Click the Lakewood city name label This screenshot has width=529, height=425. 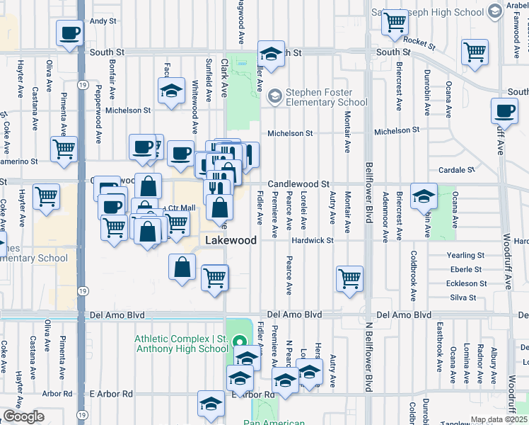click(x=231, y=241)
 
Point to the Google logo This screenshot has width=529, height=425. click(x=23, y=416)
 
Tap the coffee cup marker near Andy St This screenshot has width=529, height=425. click(x=70, y=33)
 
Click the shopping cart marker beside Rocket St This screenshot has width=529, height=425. click(x=395, y=21)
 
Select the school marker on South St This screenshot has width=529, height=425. click(x=270, y=54)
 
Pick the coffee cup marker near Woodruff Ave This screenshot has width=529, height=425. click(x=504, y=111)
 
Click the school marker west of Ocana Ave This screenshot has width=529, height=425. click(x=424, y=196)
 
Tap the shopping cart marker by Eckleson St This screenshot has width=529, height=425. click(x=349, y=278)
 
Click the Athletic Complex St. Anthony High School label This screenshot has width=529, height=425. click(x=181, y=344)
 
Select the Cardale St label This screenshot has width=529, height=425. click(x=455, y=170)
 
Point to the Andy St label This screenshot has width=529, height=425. click(x=103, y=21)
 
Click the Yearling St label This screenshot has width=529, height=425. click(x=465, y=255)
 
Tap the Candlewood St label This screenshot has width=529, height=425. click(x=298, y=183)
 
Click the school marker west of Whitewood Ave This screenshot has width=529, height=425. click(x=170, y=91)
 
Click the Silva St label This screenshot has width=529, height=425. click(x=463, y=297)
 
